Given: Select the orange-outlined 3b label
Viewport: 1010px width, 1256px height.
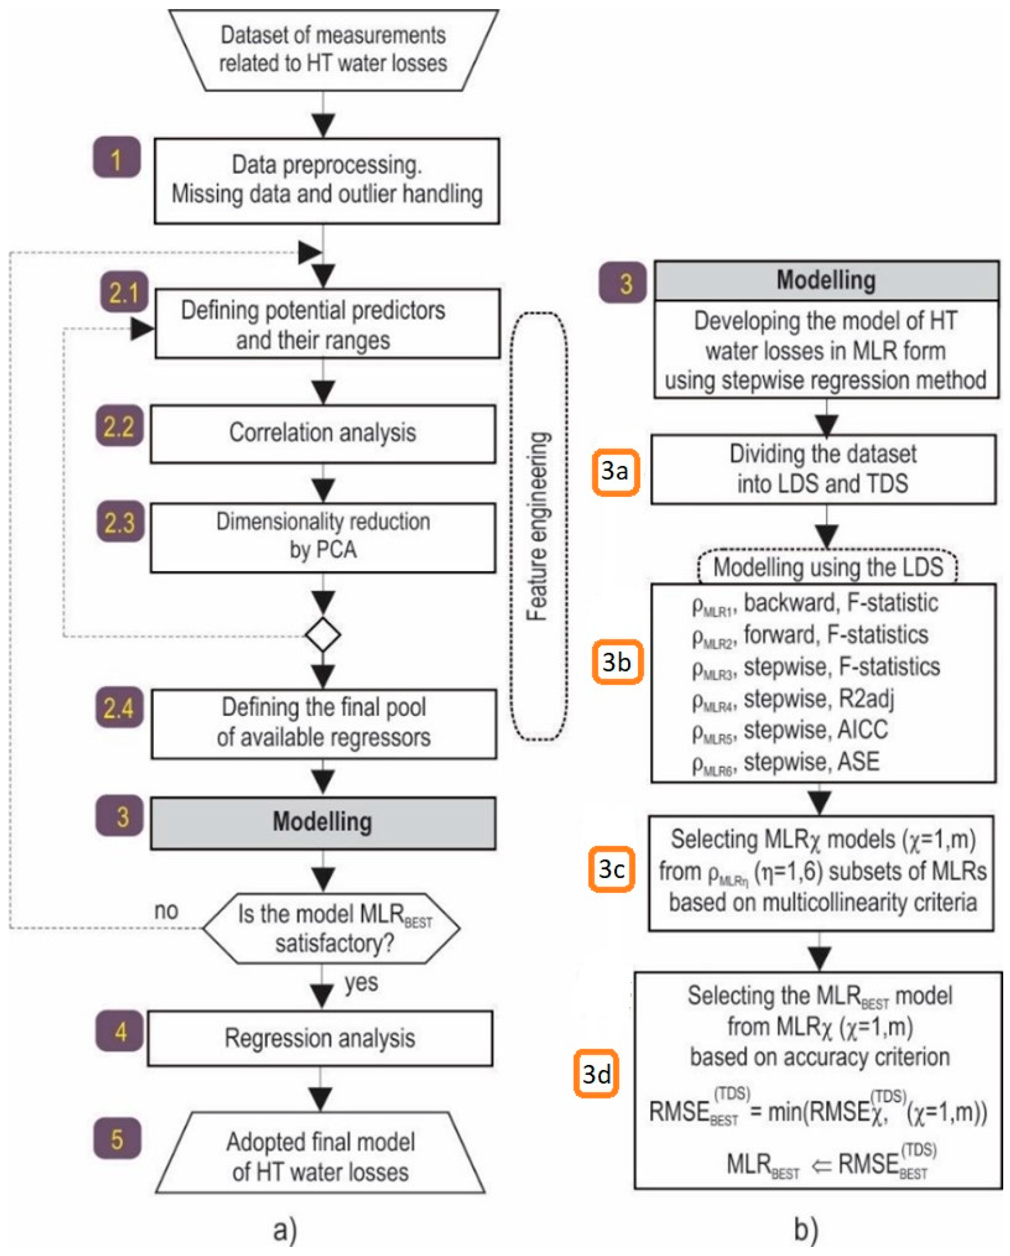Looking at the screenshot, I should [x=617, y=662].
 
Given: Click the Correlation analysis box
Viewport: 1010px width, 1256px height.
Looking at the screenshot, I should [x=323, y=433].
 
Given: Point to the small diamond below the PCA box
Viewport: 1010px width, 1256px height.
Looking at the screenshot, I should [x=323, y=634].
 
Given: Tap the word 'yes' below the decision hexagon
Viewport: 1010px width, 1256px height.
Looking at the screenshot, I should [x=361, y=982].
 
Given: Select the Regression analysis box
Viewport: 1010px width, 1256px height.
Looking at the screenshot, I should [x=320, y=1038].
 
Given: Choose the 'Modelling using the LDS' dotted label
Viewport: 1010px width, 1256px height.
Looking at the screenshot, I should [x=827, y=567].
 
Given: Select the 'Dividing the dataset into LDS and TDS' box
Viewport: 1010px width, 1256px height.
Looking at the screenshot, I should [x=823, y=469].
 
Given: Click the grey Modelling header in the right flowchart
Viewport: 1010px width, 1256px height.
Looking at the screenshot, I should [x=826, y=281].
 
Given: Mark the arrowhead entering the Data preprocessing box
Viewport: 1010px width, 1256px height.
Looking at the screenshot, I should [x=323, y=125].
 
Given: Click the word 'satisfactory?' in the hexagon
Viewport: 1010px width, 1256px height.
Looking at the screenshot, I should [x=334, y=942].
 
